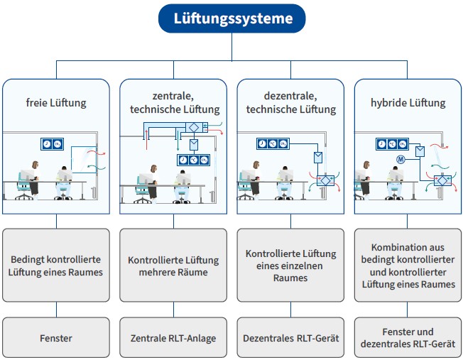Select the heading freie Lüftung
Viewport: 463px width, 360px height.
point(55,103)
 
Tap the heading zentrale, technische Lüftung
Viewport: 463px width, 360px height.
point(174,103)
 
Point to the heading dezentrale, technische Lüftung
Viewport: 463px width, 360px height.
point(290,103)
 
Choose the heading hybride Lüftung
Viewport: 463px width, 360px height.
point(408,103)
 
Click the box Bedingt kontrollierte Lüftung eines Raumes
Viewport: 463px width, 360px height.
point(55,265)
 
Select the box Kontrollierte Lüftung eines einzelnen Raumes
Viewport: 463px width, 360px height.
point(290,265)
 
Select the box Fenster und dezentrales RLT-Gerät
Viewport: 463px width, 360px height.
point(408,337)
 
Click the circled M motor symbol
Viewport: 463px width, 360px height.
point(400,158)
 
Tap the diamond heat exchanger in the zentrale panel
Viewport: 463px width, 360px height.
point(194,128)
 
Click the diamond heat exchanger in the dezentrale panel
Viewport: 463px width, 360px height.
point(324,180)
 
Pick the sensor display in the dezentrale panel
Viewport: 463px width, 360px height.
point(273,144)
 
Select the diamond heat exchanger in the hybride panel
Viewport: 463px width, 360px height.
point(442,180)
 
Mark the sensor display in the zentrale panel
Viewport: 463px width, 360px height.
point(193,160)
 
